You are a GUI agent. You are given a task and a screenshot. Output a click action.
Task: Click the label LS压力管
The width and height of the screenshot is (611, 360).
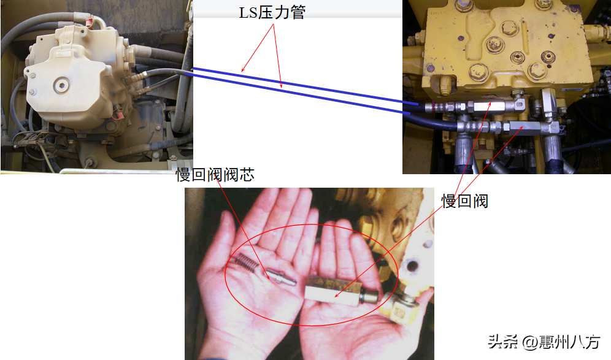[272, 12]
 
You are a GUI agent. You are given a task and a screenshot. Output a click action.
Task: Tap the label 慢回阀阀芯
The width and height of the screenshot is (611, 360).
[215, 175]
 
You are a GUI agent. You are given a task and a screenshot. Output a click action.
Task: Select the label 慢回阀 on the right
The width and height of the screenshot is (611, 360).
[464, 201]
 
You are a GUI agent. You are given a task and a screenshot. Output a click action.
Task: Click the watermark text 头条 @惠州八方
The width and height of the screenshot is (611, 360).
[544, 342]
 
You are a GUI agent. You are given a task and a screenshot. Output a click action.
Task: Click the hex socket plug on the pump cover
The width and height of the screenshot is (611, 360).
[61, 85]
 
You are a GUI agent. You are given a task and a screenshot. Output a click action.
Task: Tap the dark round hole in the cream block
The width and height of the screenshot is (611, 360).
[412, 267]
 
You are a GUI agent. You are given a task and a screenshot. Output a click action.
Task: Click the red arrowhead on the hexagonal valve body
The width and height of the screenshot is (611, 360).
[337, 296]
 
